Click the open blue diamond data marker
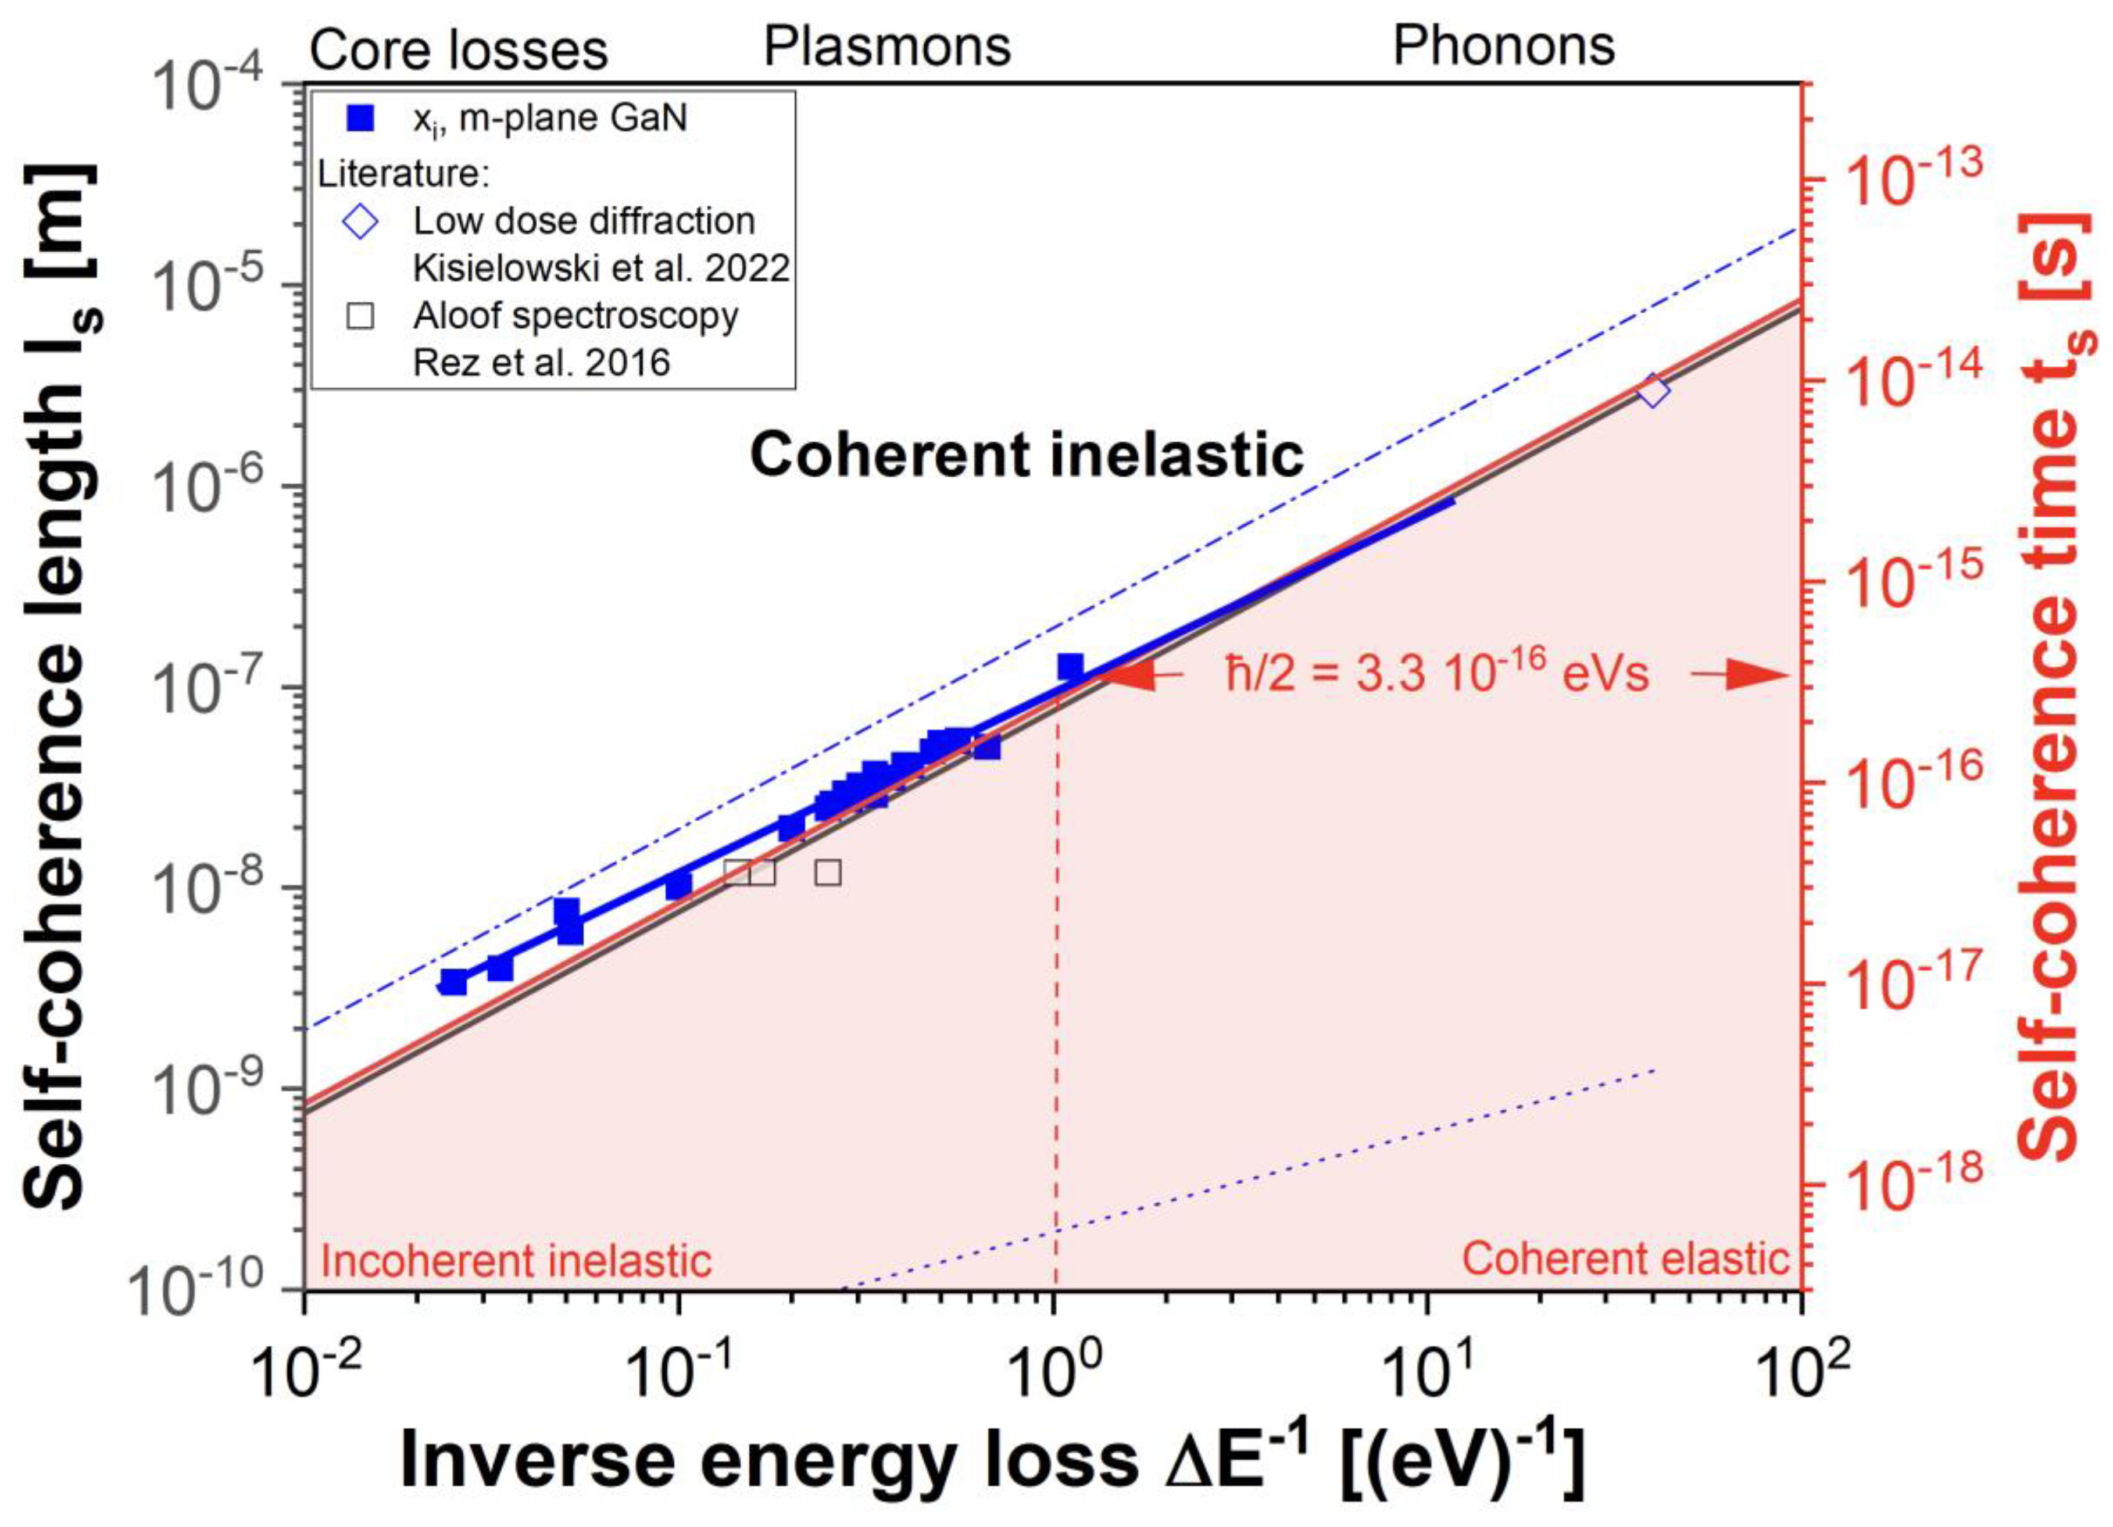1653,391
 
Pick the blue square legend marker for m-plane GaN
360,119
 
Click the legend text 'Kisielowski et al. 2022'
601,269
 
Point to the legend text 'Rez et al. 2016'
541,362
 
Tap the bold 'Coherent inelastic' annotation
1027,456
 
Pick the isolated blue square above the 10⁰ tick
1071,667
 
